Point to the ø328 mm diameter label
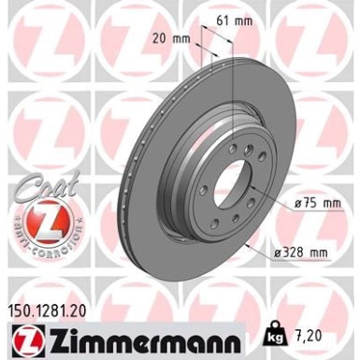304,252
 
